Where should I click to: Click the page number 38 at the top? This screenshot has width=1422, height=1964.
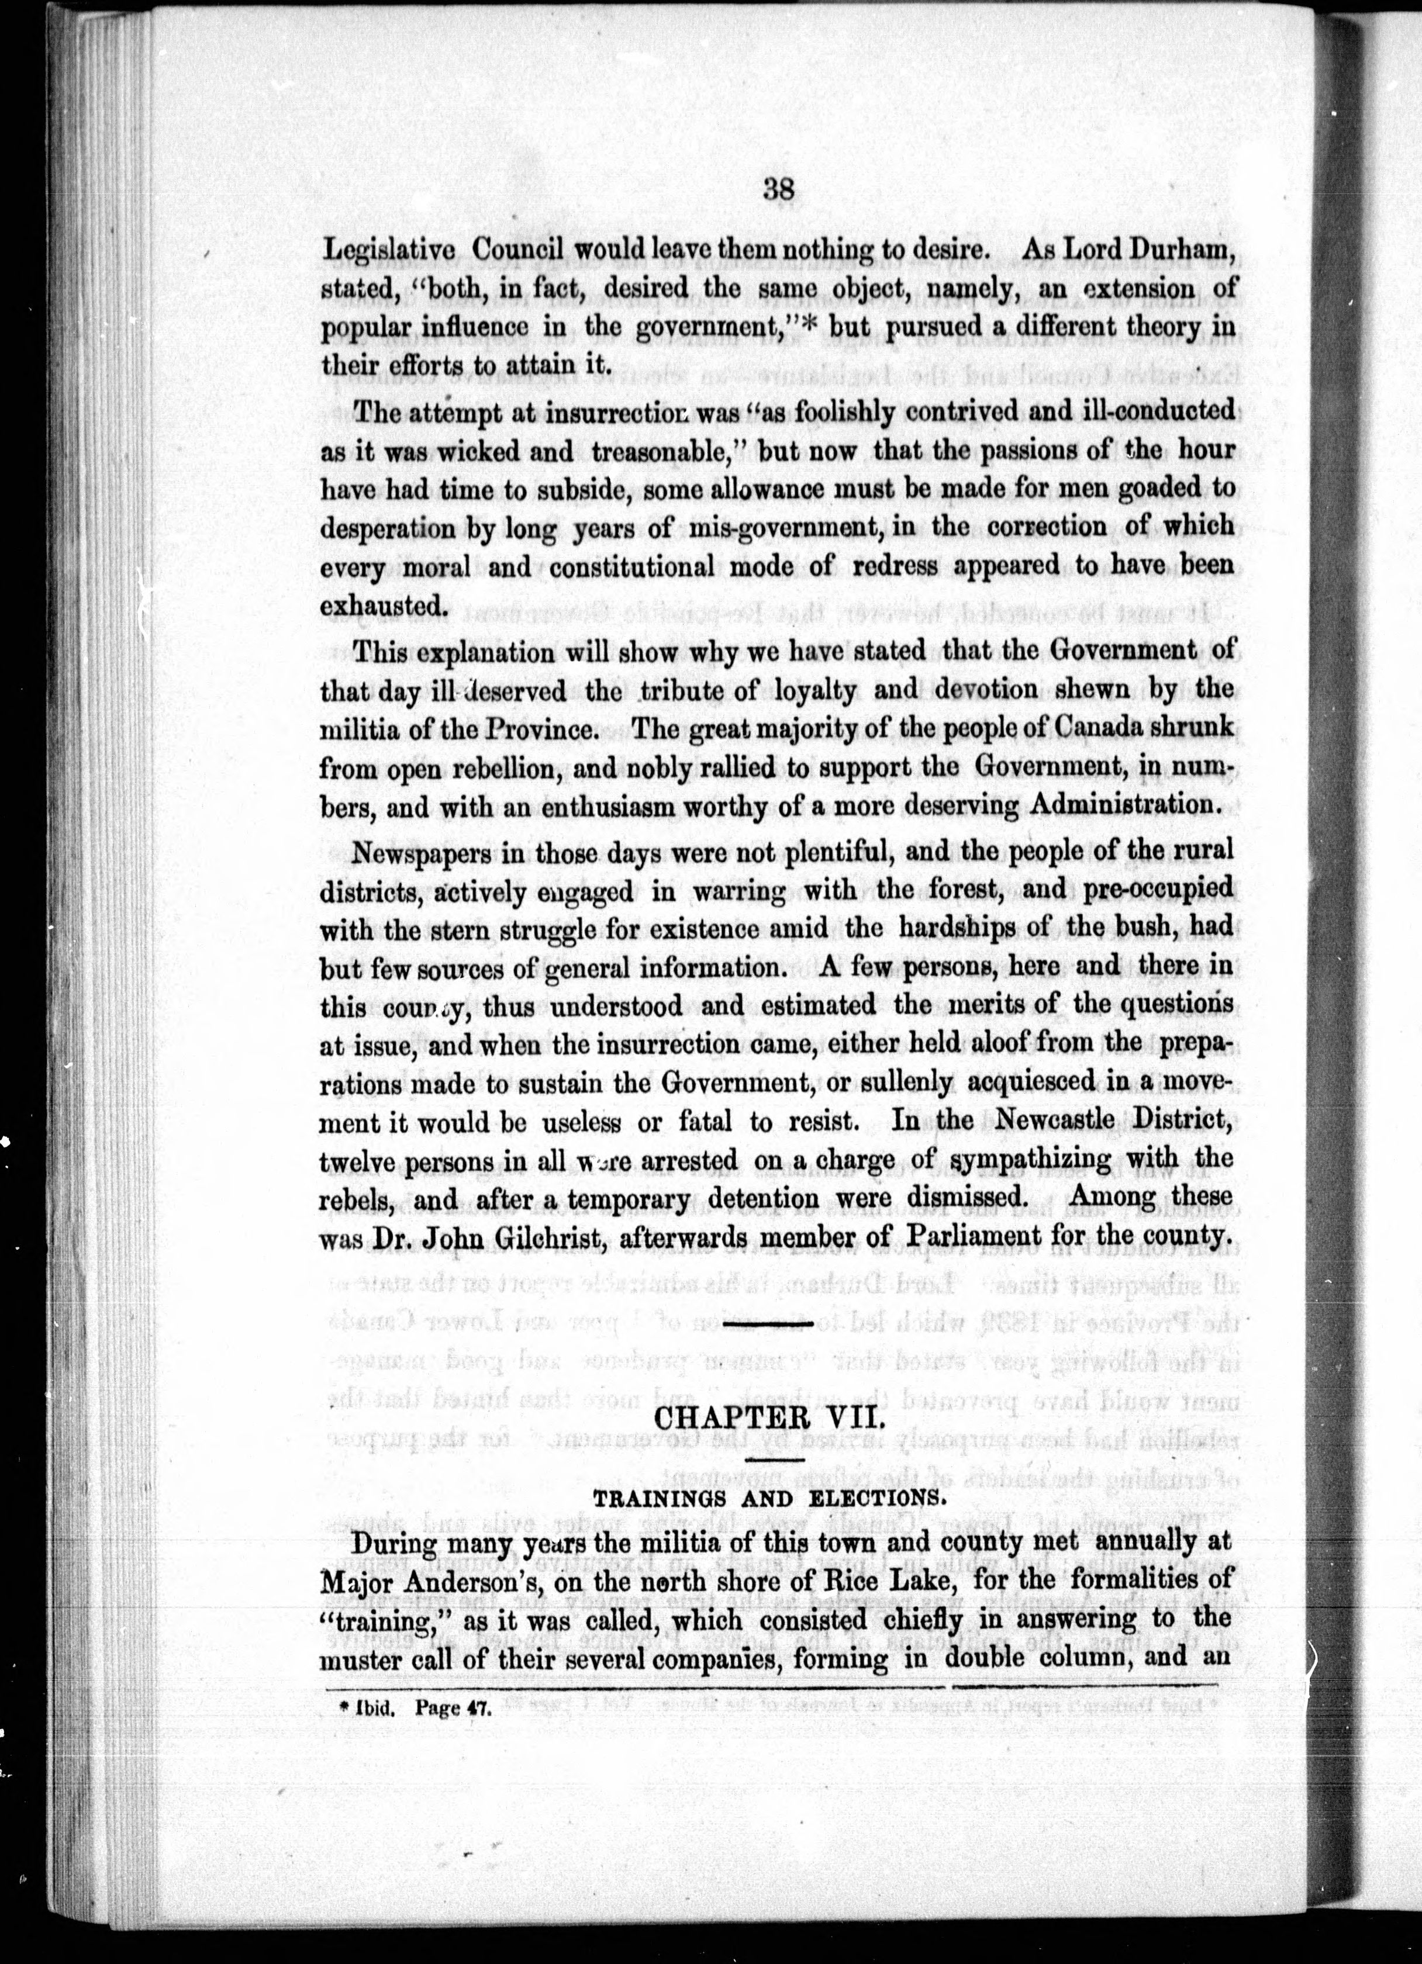[779, 189]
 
